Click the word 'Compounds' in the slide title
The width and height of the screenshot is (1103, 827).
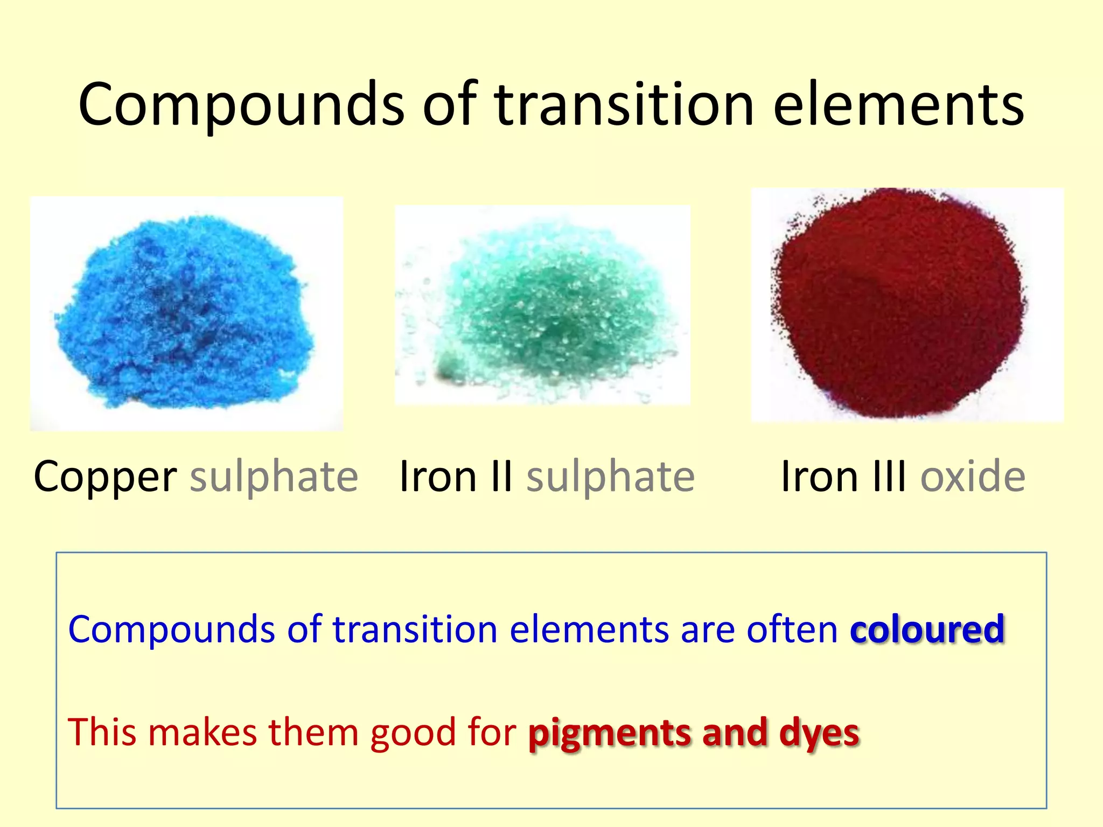241,105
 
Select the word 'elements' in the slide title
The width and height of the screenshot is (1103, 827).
898,105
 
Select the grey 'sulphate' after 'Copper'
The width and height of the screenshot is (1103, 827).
274,477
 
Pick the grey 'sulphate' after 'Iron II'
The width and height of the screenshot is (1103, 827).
610,477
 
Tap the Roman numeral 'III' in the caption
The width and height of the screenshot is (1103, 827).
889,477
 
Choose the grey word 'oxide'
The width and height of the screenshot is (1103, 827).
972,477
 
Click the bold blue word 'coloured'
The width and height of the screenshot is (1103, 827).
927,629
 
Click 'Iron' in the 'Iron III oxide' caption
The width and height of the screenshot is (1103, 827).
819,477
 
